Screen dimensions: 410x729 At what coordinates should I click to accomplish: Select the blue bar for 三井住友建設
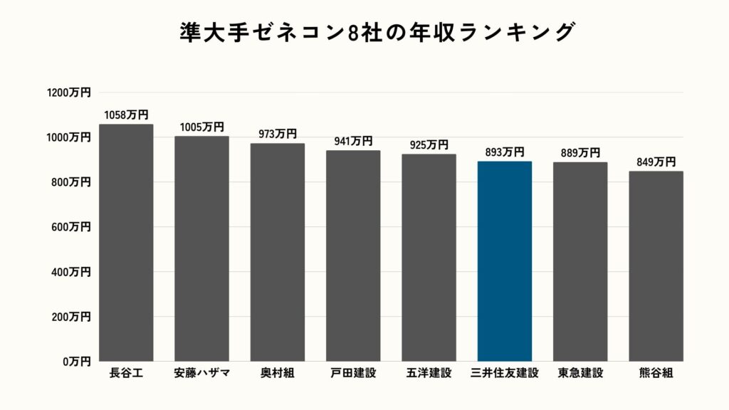(x=505, y=261)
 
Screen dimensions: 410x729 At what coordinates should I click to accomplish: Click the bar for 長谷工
(x=126, y=243)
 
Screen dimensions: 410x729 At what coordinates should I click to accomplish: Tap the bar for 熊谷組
(x=656, y=266)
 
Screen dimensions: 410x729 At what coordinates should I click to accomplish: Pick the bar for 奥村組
(x=278, y=253)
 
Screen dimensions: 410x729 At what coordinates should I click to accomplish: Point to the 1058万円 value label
(x=126, y=115)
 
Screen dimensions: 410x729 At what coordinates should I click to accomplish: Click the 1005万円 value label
(x=201, y=127)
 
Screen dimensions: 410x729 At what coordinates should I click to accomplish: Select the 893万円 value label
(x=505, y=152)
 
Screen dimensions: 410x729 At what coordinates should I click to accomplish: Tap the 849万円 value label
(x=656, y=162)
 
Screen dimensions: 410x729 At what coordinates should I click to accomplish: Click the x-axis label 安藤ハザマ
(x=201, y=372)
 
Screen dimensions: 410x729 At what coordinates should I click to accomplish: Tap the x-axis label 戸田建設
(x=353, y=372)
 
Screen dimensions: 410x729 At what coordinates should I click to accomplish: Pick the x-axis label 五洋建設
(x=429, y=372)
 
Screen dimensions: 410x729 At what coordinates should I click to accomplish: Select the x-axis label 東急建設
(x=580, y=372)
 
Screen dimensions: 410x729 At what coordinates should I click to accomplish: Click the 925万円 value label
(x=429, y=145)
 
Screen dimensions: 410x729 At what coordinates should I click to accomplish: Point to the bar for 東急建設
(x=580, y=262)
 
